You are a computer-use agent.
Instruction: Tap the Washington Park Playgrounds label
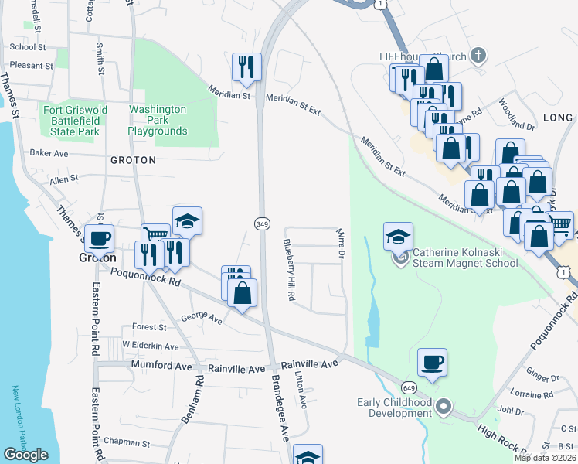[158, 121]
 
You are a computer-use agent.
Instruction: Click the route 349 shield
[261, 223]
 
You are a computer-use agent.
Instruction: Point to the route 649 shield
[409, 386]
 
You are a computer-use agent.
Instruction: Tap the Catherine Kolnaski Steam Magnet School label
[464, 257]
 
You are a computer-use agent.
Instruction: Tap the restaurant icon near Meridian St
[247, 67]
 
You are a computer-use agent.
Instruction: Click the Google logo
[25, 455]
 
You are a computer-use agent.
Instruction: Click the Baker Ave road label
[49, 153]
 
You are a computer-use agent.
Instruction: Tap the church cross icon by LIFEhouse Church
[478, 56]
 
